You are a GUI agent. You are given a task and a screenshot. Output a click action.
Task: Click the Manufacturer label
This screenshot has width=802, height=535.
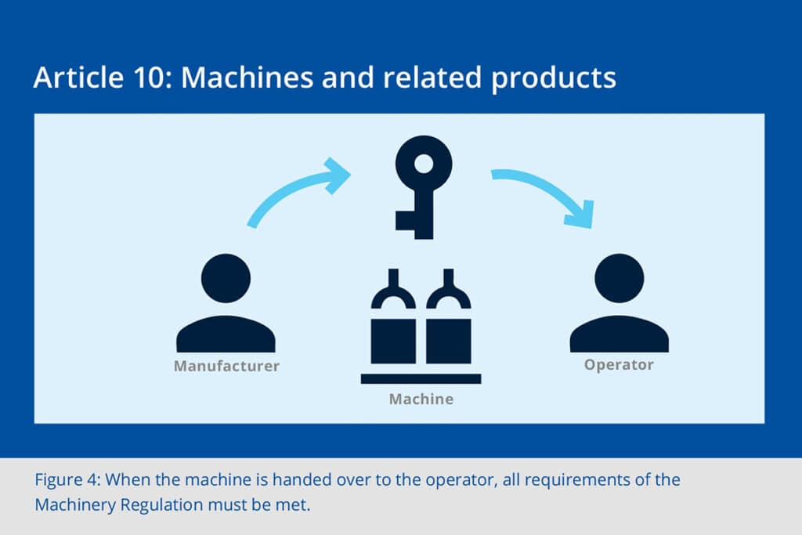226,366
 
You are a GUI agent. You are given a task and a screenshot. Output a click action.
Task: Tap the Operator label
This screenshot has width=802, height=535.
619,364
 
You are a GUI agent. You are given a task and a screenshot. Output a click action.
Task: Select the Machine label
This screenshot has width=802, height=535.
421,399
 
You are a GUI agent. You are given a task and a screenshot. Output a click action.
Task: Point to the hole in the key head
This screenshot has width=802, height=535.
423,164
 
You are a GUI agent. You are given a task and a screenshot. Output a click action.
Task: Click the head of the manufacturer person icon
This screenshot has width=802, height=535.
226,278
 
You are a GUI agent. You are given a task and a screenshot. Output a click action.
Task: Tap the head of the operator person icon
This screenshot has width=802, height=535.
619,278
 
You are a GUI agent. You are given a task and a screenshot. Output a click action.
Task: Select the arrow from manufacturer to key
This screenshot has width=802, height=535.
298,191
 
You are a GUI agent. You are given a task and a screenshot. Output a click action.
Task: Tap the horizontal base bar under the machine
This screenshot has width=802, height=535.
421,378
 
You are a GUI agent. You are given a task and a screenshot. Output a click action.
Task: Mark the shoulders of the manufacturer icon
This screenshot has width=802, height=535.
226,334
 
